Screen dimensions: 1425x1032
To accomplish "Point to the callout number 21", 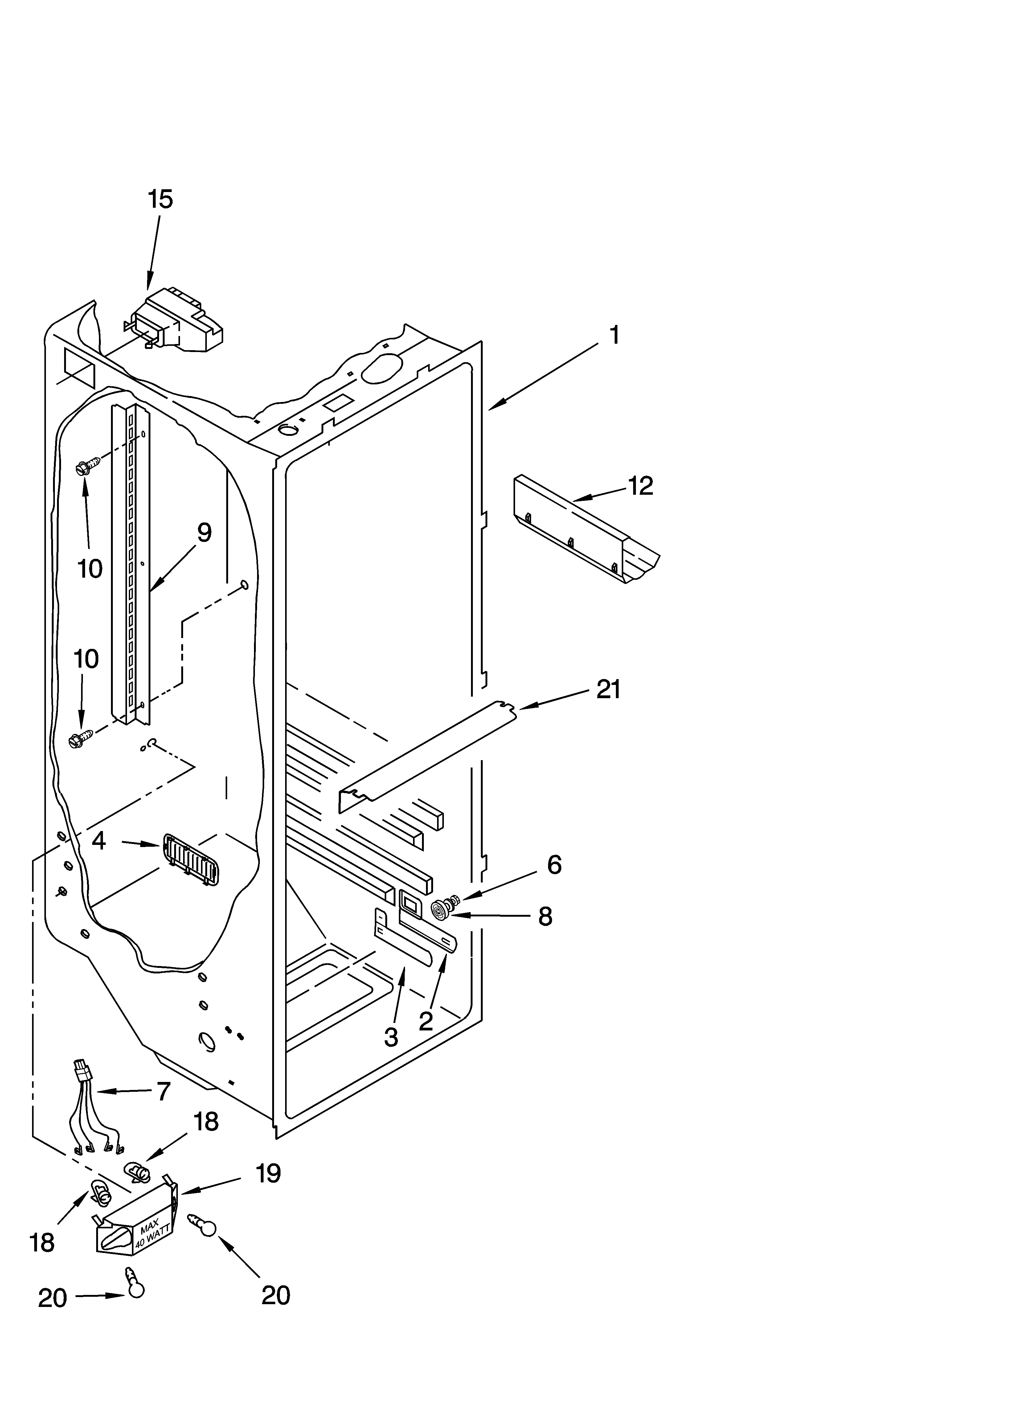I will tap(608, 690).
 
